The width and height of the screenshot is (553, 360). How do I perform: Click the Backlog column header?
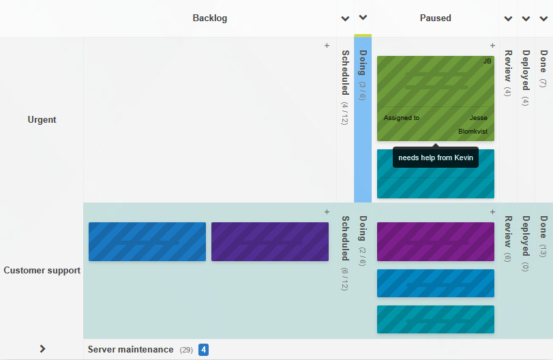[x=209, y=18]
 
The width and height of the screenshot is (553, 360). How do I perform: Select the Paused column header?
[x=435, y=18]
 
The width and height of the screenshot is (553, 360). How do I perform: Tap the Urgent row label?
[x=42, y=120]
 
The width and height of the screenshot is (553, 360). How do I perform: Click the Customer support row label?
[x=42, y=271]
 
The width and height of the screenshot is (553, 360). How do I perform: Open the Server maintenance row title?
[x=130, y=350]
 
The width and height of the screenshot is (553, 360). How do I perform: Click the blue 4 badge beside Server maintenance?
[x=203, y=350]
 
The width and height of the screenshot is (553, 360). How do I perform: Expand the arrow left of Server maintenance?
[x=42, y=349]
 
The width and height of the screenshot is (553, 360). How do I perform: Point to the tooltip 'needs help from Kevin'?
[x=435, y=158]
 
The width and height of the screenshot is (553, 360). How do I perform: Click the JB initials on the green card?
[x=487, y=61]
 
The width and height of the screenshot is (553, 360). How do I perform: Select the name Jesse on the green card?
[x=478, y=118]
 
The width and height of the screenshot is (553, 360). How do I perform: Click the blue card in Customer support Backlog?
[x=147, y=241]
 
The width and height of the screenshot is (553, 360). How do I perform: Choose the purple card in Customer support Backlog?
[x=269, y=241]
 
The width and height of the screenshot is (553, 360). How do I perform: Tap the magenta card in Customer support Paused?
[x=435, y=241]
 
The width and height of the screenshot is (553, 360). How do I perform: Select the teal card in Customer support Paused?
[x=435, y=319]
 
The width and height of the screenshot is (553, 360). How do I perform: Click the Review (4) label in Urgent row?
[x=507, y=73]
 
